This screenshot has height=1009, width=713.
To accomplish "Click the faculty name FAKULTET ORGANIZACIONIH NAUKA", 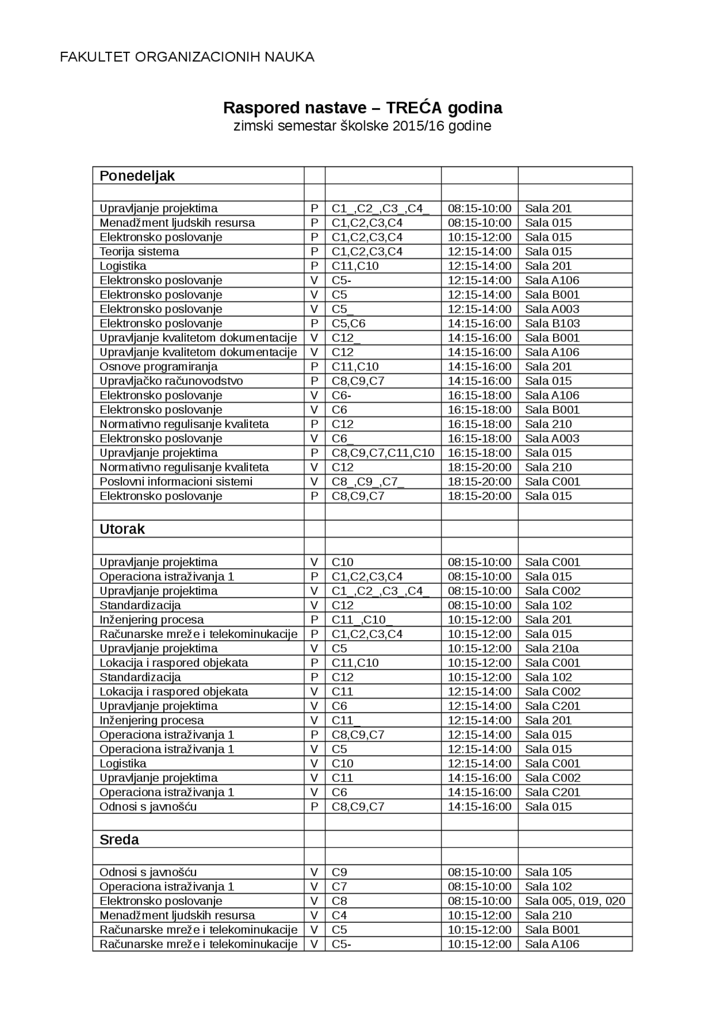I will coord(187,57).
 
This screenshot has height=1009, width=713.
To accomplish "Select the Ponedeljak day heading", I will coord(137,176).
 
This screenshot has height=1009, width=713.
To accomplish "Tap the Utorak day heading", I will coord(122,529).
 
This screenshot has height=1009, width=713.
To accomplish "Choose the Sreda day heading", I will coord(119,840).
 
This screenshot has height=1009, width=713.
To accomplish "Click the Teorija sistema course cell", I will coord(139,251).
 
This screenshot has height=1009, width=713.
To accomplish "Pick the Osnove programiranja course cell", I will coord(158,367).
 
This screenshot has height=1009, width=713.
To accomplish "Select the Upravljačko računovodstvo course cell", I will coord(171,381).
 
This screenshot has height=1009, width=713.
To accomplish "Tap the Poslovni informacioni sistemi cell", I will coord(175,481).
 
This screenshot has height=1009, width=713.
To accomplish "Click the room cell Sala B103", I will coord(552,324).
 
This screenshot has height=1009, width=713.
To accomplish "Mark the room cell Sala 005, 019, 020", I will coord(575,901).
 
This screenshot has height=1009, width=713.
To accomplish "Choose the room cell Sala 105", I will coord(548,872).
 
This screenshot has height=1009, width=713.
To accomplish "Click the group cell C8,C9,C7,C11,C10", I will coord(383,453).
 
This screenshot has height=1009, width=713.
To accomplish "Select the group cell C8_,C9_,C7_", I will coord(368,482).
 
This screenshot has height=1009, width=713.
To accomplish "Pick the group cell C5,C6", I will coord(348,324).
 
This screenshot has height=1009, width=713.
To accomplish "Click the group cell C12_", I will coord(346,338).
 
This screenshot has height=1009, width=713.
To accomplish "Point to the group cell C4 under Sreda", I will coord(339,915).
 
